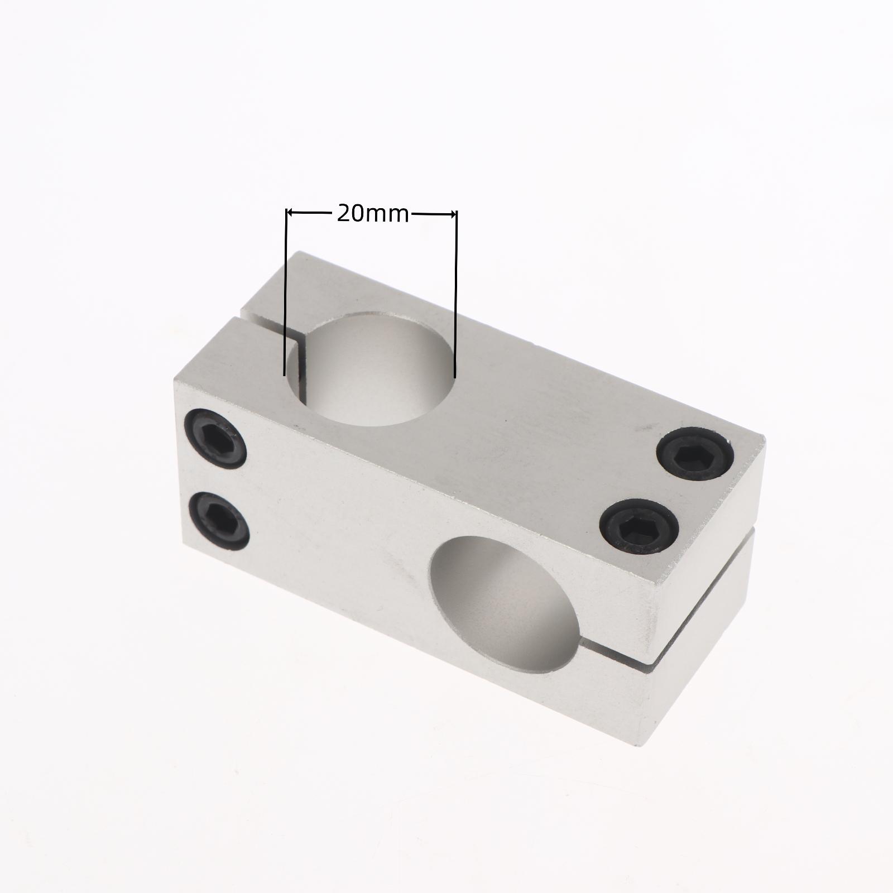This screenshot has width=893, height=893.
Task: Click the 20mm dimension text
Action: tap(373, 213)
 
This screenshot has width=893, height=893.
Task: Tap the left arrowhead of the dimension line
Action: tap(290, 213)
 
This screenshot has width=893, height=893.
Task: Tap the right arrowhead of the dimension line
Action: tap(453, 213)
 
